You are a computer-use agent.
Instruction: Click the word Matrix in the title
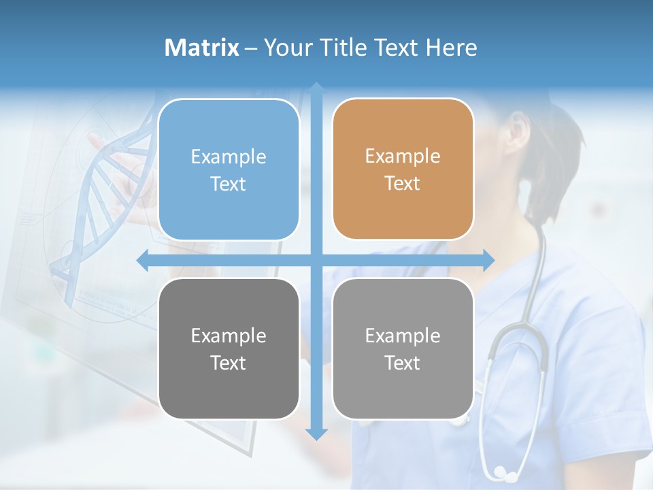(x=202, y=48)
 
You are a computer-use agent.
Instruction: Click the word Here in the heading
(x=451, y=48)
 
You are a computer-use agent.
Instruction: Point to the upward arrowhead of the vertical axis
(x=316, y=88)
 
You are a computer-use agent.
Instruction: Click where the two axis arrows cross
(x=316, y=260)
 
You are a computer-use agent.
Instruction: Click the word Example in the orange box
(x=403, y=157)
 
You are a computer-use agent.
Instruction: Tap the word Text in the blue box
(x=229, y=184)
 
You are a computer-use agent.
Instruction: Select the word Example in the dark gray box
(x=229, y=336)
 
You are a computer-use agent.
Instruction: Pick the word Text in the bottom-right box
(x=403, y=363)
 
